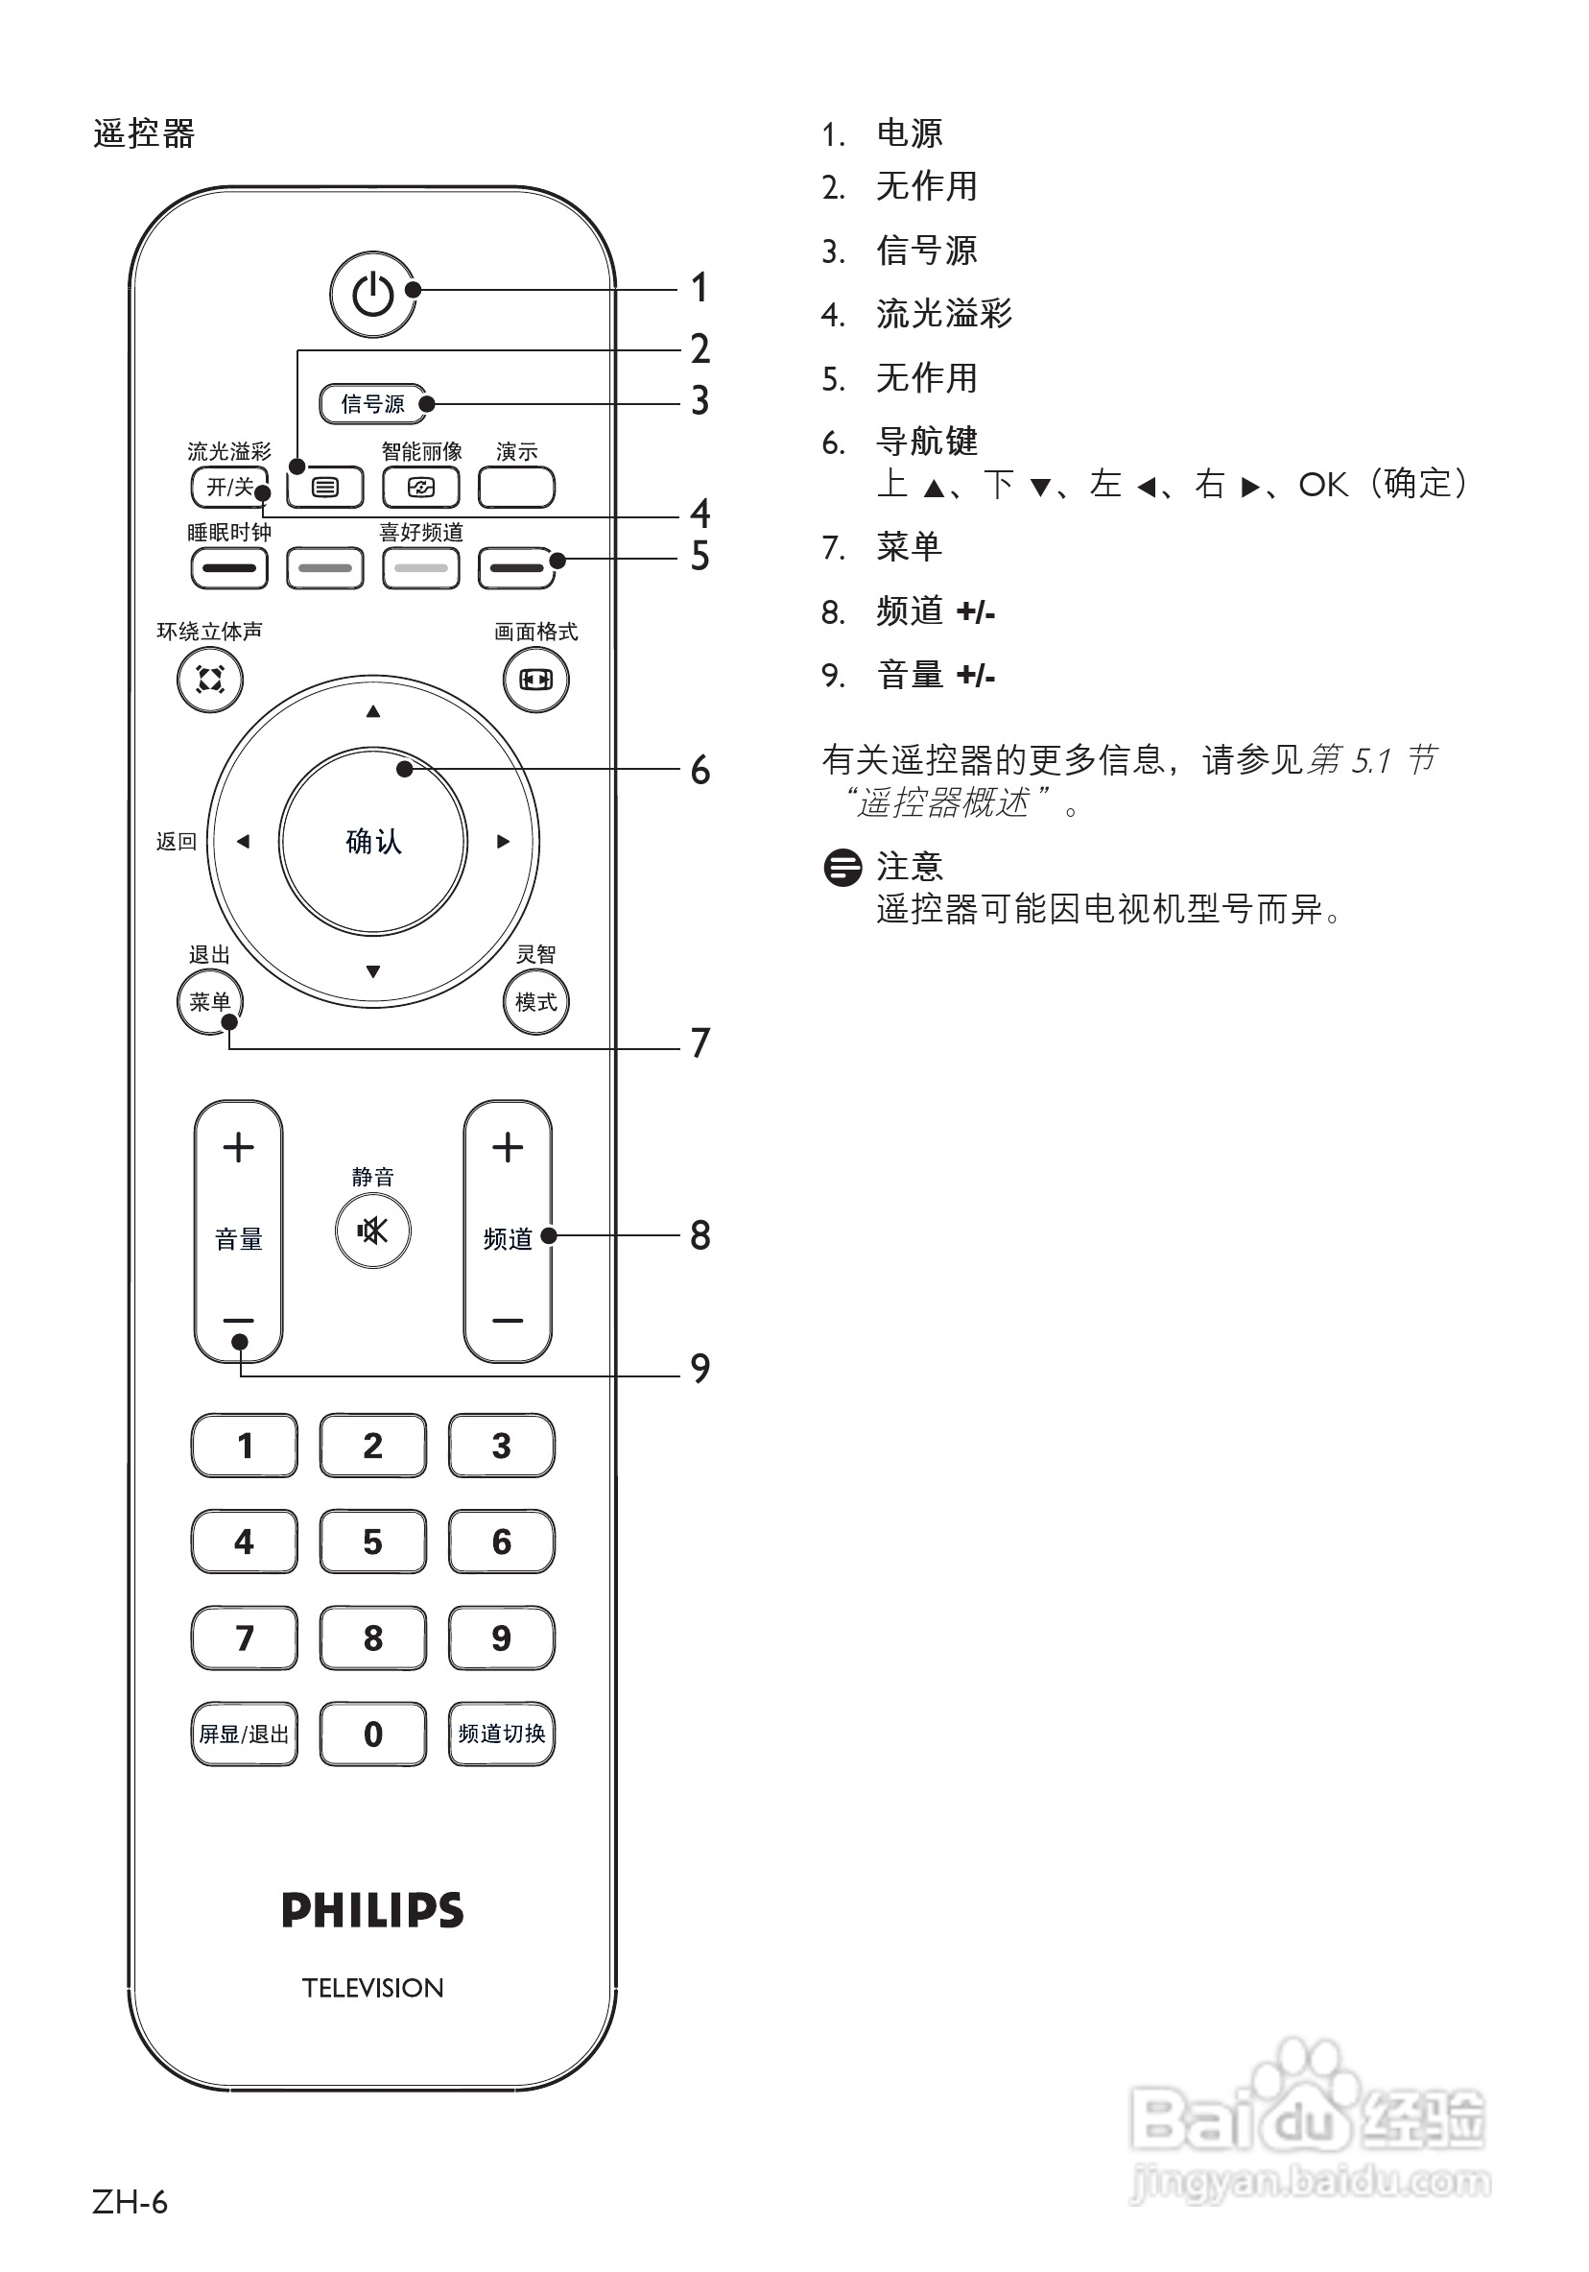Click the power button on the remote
pyautogui.click(x=373, y=294)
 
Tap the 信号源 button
pyautogui.click(x=373, y=404)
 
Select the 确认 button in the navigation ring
pyautogui.click(x=373, y=841)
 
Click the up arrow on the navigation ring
pyautogui.click(x=373, y=711)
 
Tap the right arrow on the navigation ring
pyautogui.click(x=504, y=841)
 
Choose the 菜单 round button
pyautogui.click(x=210, y=1001)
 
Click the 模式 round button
pyautogui.click(x=536, y=1001)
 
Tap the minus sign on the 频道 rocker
pyautogui.click(x=508, y=1320)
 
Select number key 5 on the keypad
pyautogui.click(x=373, y=1541)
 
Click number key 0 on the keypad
pyautogui.click(x=373, y=1733)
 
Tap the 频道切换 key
pyautogui.click(x=502, y=1733)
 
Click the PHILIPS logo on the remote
pyautogui.click(x=373, y=1910)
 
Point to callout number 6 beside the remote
pyautogui.click(x=700, y=770)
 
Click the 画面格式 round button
pyautogui.click(x=536, y=680)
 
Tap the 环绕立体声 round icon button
pyautogui.click(x=210, y=680)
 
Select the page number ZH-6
pyautogui.click(x=130, y=2203)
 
